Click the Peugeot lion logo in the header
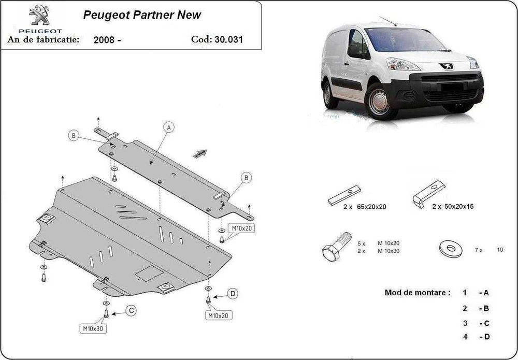point(38,16)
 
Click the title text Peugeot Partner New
point(142,15)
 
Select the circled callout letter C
point(131,310)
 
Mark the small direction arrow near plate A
point(200,153)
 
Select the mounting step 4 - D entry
point(476,337)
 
